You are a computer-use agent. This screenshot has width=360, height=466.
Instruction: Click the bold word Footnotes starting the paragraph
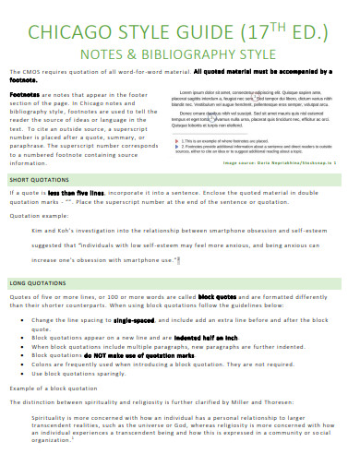(x=24, y=94)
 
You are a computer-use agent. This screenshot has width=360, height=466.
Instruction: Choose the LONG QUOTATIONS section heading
(x=40, y=281)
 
